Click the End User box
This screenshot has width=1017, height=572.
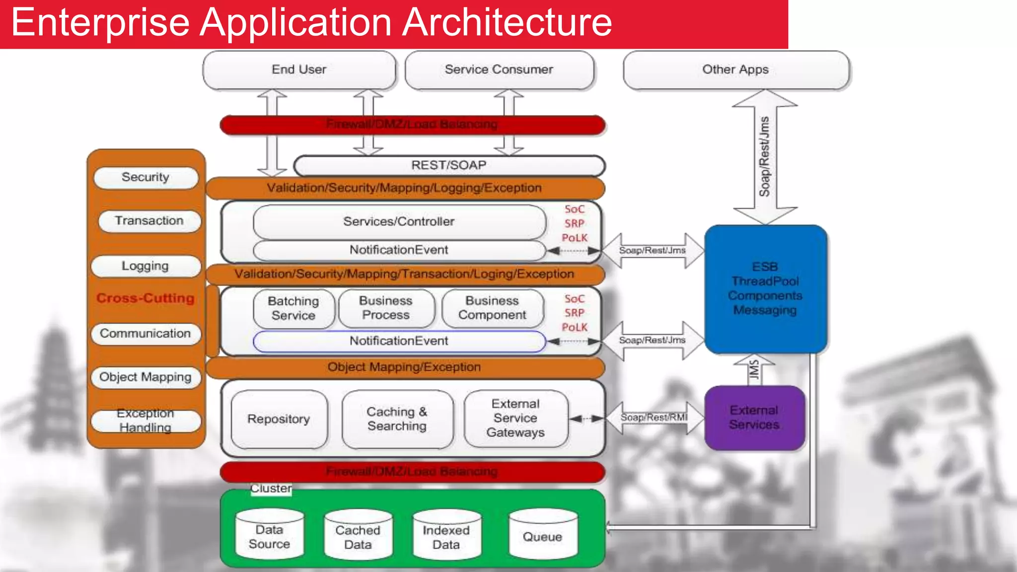coord(299,70)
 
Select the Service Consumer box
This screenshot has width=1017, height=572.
coord(499,70)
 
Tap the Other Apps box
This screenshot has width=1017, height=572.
coord(735,70)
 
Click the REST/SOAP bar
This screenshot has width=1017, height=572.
coord(449,165)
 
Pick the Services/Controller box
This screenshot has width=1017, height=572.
coord(399,222)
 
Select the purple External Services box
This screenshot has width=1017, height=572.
coord(754,418)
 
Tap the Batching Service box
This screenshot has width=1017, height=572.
coord(293,308)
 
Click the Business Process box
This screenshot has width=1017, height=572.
coord(386,308)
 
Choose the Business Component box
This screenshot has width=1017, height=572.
coord(492,308)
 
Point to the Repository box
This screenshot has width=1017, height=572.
coord(279,419)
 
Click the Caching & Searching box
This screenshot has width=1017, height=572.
coord(397,419)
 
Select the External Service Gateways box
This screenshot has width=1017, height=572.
coord(515,418)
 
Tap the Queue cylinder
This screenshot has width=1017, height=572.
coord(543,537)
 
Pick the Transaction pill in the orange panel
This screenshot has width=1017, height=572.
coord(149,221)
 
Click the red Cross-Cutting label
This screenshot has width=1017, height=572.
coord(145,298)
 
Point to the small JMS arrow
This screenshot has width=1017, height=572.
coord(754,370)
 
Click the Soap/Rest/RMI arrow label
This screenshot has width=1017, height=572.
coord(654,418)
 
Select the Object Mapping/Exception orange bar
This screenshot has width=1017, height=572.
coord(404,367)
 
